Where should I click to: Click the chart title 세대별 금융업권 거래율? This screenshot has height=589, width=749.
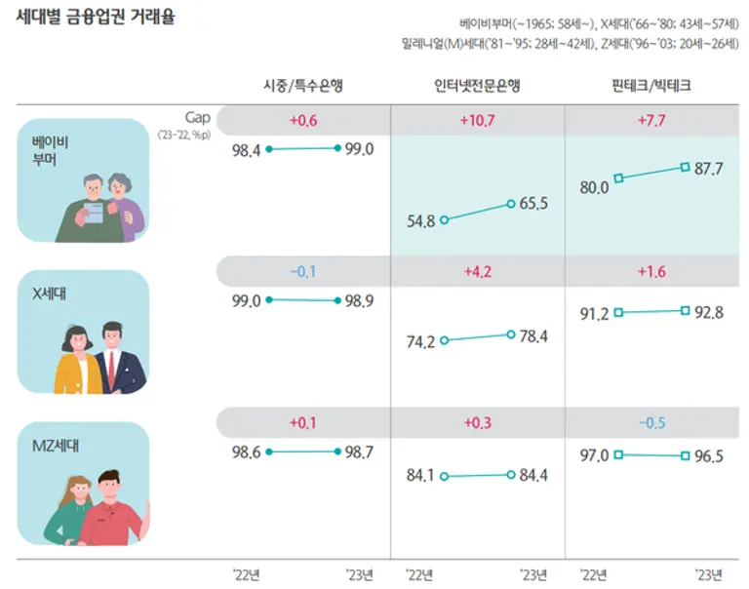click(96, 17)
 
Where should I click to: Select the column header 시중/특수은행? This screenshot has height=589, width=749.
click(302, 86)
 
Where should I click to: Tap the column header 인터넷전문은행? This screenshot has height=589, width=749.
click(477, 86)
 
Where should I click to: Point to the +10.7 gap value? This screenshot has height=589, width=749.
click(477, 121)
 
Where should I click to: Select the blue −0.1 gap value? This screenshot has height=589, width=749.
click(303, 271)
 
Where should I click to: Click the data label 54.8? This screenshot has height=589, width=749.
click(421, 221)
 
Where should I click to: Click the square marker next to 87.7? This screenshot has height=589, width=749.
click(686, 167)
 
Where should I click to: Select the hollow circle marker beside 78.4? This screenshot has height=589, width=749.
click(511, 334)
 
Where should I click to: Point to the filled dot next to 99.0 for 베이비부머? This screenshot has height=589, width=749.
click(337, 148)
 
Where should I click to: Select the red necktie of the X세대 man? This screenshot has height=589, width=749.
click(111, 367)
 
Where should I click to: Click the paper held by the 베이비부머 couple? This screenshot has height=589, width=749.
click(96, 212)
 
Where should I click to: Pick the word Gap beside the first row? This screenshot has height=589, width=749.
click(198, 116)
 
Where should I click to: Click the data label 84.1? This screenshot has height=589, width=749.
click(421, 477)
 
